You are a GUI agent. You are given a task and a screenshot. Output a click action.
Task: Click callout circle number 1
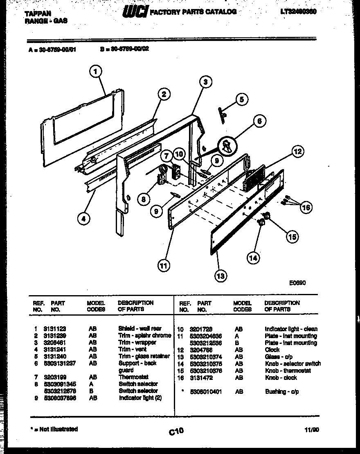pos(95,72)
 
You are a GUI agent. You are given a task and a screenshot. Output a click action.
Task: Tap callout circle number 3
pos(205,82)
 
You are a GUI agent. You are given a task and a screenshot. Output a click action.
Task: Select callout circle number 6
pos(259,121)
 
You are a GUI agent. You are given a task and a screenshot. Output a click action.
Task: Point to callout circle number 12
pos(297,152)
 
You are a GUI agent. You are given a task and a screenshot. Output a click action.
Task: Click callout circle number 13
pos(220,276)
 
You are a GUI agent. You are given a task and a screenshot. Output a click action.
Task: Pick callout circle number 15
pos(292,237)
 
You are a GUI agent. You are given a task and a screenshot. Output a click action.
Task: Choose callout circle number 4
pos(83,219)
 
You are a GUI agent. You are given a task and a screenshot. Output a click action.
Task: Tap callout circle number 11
pos(164,266)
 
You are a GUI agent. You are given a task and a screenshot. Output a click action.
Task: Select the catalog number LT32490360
pos(299,12)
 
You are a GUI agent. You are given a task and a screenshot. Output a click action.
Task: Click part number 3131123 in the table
pos(55,329)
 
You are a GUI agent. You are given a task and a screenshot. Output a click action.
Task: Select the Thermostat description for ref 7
pos(133,377)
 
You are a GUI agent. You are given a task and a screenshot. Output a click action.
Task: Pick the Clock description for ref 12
pos(272,350)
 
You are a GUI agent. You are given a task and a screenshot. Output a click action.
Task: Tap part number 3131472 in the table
pos(201,378)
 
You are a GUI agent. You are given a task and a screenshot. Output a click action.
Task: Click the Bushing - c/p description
pos(282,392)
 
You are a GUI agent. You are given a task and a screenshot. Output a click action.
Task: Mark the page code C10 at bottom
pos(176,431)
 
